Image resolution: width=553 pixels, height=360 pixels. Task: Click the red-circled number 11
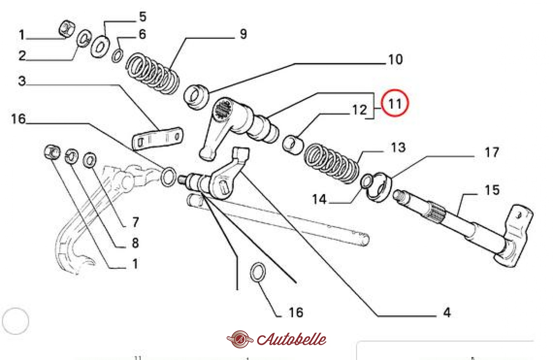click(x=395, y=103)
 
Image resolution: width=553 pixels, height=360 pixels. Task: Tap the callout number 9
click(x=243, y=34)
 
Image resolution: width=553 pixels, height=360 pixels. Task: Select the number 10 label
click(x=395, y=60)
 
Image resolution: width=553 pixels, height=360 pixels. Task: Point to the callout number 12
click(x=359, y=110)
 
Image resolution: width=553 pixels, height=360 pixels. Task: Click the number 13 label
click(x=398, y=147)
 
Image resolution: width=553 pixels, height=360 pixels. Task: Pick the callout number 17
click(x=492, y=153)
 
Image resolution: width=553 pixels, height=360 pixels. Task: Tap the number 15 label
click(x=492, y=190)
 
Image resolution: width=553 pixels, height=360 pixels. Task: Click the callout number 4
click(x=447, y=313)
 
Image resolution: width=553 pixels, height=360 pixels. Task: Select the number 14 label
click(x=319, y=199)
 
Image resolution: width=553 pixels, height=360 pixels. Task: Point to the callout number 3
click(x=22, y=81)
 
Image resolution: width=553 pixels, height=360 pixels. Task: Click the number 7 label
click(x=135, y=222)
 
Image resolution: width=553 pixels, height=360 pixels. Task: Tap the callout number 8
click(x=135, y=243)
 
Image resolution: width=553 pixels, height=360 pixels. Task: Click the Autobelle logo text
click(x=291, y=339)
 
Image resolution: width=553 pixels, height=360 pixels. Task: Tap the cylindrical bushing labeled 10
click(x=196, y=97)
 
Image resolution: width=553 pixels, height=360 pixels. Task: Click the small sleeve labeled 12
click(x=293, y=145)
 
